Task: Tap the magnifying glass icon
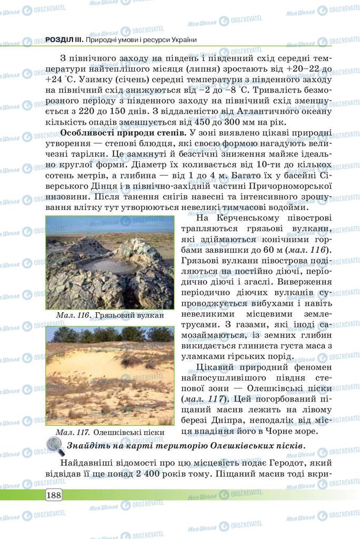click(55, 446)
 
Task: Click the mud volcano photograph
click(109, 263)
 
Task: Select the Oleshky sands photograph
click(109, 375)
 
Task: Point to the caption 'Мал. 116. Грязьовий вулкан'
click(109, 315)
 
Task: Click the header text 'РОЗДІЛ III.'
click(64, 39)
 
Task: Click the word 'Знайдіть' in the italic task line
click(89, 446)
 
